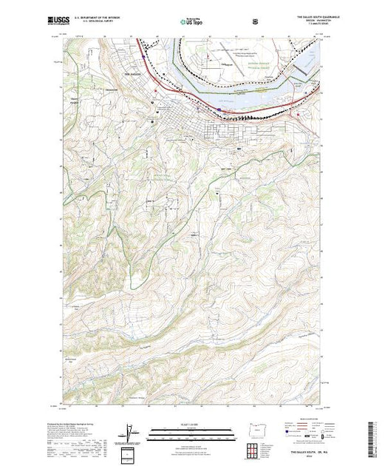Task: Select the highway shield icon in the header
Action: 255,22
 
